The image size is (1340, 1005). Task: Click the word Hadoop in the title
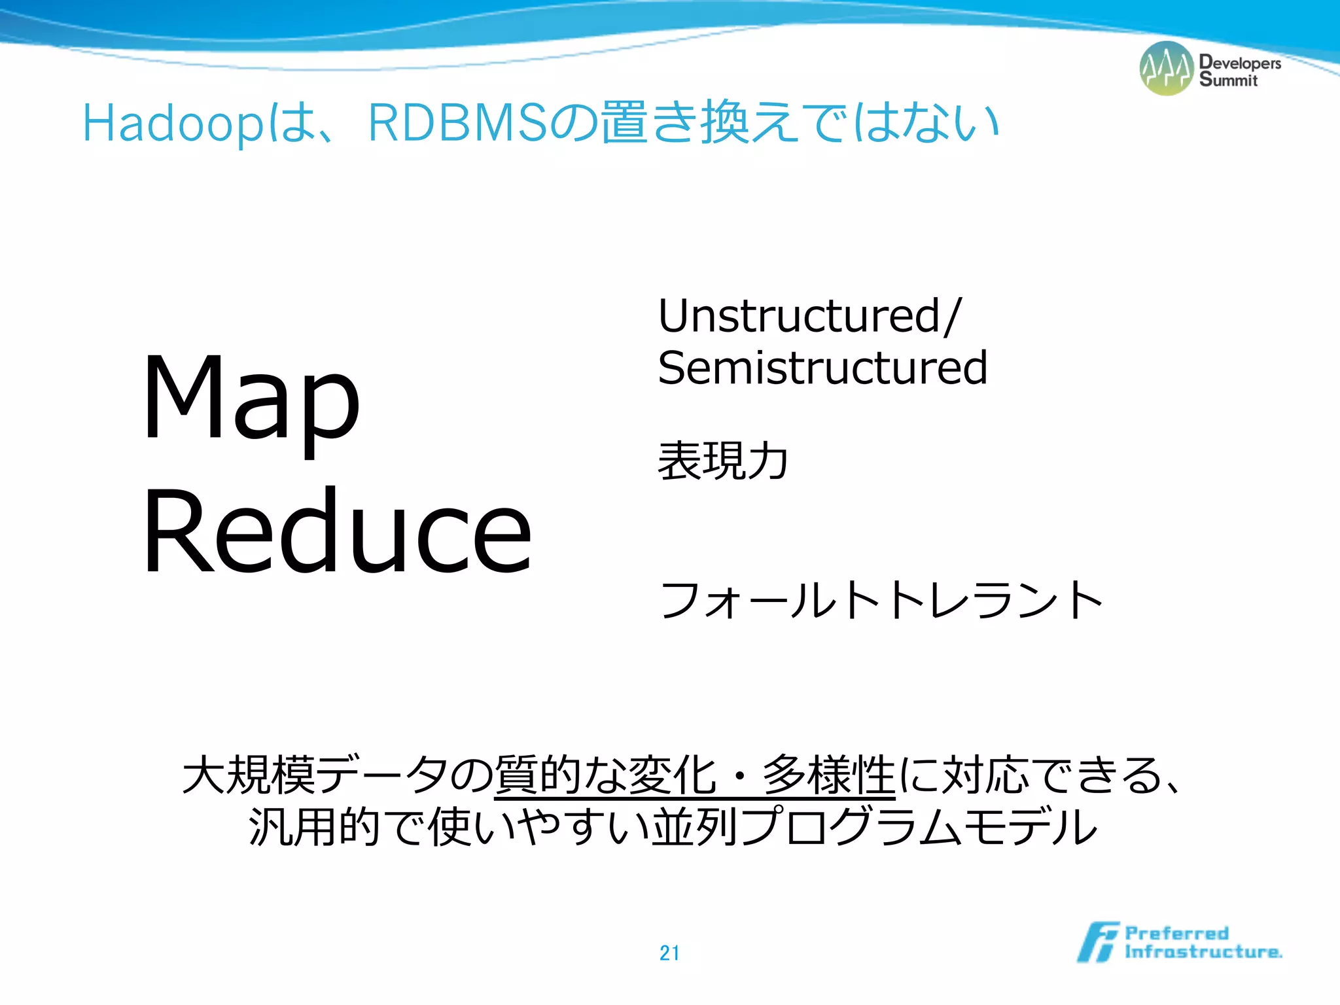[173, 124]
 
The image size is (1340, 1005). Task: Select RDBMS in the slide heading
[457, 122]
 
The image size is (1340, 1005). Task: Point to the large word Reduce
[337, 531]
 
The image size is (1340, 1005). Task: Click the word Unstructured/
[809, 317]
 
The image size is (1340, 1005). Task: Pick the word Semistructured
[822, 368]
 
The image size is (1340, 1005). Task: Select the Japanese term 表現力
[722, 461]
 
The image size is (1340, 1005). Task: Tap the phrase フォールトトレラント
[881, 600]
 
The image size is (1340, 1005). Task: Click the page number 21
[669, 953]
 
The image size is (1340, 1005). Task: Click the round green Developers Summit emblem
[1167, 68]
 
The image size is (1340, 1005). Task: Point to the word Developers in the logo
[1240, 63]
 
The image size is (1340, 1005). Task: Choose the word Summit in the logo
[1228, 80]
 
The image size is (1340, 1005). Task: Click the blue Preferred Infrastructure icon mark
[1098, 942]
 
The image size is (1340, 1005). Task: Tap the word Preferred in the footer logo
[1176, 932]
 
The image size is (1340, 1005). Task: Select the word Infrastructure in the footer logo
[1203, 951]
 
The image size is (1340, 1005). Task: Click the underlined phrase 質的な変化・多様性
[695, 775]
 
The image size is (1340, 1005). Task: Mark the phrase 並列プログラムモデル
[874, 827]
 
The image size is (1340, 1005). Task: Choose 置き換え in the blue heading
[699, 122]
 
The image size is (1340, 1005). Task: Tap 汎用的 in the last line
[315, 827]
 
